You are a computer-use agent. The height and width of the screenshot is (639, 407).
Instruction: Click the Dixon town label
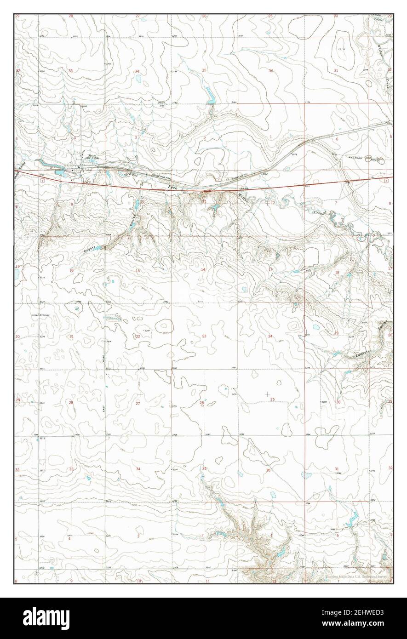tap(92, 155)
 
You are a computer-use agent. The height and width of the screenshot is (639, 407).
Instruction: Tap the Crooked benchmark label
tap(44, 315)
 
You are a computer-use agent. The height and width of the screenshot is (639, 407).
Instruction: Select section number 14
tap(203, 269)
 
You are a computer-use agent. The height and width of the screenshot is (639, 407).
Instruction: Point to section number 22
tap(138, 337)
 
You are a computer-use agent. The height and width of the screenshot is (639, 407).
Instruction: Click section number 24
tap(270, 337)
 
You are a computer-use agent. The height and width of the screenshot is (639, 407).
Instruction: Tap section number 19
tap(336, 333)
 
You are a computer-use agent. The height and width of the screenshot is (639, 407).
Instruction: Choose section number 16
tap(71, 271)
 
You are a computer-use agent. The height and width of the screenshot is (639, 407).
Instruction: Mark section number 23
tap(204, 337)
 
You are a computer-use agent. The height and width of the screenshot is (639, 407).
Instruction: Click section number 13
tap(270, 269)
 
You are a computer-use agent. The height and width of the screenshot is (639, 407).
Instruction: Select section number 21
tap(71, 337)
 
